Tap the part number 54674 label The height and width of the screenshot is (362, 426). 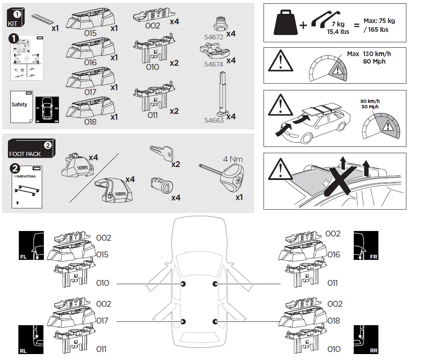coord(213,64)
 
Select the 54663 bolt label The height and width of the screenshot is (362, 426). coord(214,120)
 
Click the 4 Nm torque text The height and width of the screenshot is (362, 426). coord(233,159)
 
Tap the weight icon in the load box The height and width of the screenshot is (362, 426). coord(285,23)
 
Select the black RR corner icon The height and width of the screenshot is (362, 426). coord(366,340)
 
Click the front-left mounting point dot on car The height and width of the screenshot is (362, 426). coord(183,284)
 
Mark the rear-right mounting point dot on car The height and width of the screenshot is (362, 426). coord(215,321)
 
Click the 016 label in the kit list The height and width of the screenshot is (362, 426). coord(90,63)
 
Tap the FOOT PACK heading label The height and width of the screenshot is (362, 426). coord(25,154)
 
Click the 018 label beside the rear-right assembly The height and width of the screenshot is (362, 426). coord(334,321)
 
